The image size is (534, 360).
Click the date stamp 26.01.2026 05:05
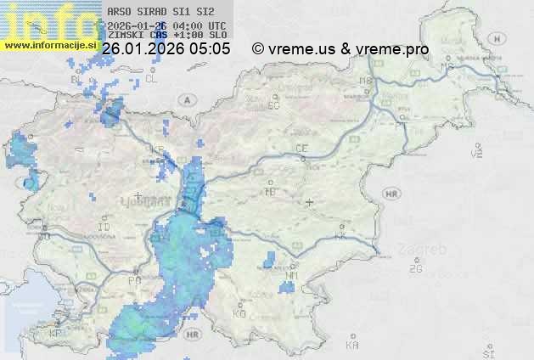pyautogui.click(x=166, y=49)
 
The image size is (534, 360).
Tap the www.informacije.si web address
pyautogui.click(x=50, y=43)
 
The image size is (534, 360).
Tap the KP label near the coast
pyautogui.click(x=56, y=334)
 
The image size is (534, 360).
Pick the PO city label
pyautogui.click(x=133, y=280)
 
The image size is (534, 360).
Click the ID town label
pyautogui.click(x=104, y=228)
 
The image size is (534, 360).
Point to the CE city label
pyautogui.click(x=301, y=149)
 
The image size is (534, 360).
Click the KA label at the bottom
pyautogui.click(x=352, y=346)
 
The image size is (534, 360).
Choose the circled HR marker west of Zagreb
pyautogui.click(x=391, y=194)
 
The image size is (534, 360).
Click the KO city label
pyautogui.click(x=239, y=313)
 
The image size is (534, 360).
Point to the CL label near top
pyautogui.click(x=152, y=78)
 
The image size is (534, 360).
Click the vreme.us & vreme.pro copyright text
pyautogui.click(x=340, y=49)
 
